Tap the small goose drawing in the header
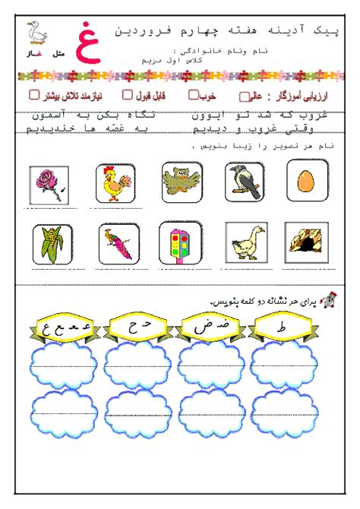point(34,33)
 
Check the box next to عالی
point(244,97)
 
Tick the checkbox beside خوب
point(194,96)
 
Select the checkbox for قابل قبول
point(128,96)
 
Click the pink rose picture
point(49,185)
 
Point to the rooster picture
point(115,183)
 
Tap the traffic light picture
point(179,242)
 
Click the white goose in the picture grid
point(245,242)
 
